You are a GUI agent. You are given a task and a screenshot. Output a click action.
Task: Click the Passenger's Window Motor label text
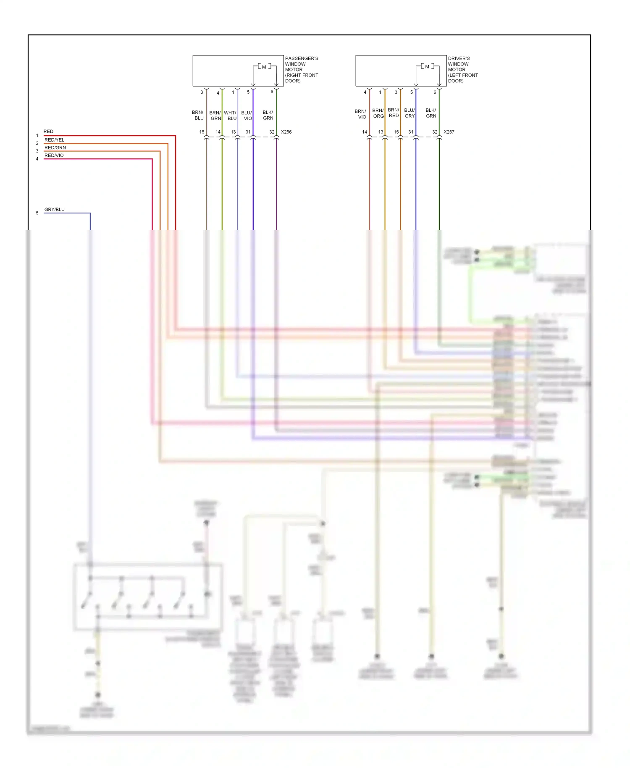point(301,69)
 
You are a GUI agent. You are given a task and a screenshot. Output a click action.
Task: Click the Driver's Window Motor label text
point(462,69)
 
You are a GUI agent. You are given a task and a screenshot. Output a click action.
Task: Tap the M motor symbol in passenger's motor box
point(264,67)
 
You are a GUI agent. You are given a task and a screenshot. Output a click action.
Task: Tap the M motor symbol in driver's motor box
point(427,67)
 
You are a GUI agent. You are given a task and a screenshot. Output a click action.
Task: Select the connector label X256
point(286,132)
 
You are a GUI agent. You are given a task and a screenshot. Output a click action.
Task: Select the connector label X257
point(449,132)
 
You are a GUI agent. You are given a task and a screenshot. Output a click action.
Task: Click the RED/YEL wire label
point(54,140)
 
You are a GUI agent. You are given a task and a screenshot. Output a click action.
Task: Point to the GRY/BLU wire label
point(55,209)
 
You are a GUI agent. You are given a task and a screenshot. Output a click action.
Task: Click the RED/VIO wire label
point(54,155)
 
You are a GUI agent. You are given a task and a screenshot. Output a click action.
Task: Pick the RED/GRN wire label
point(55,147)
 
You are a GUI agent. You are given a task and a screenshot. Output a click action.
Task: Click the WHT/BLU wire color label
point(230,116)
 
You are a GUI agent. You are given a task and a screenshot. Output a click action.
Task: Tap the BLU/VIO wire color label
point(247,116)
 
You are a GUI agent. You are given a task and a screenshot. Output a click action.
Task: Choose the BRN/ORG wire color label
point(378,113)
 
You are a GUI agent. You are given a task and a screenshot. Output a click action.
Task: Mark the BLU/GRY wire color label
point(409,113)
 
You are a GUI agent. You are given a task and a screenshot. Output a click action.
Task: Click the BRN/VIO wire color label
point(360,114)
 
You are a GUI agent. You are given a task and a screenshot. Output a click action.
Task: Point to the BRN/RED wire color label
point(394,113)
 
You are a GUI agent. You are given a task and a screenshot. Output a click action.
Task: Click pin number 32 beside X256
point(272,132)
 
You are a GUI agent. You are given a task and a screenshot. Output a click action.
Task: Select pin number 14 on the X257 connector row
point(365,132)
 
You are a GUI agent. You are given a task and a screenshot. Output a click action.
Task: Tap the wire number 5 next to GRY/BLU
point(37,213)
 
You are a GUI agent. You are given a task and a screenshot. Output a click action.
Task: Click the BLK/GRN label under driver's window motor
point(431,113)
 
